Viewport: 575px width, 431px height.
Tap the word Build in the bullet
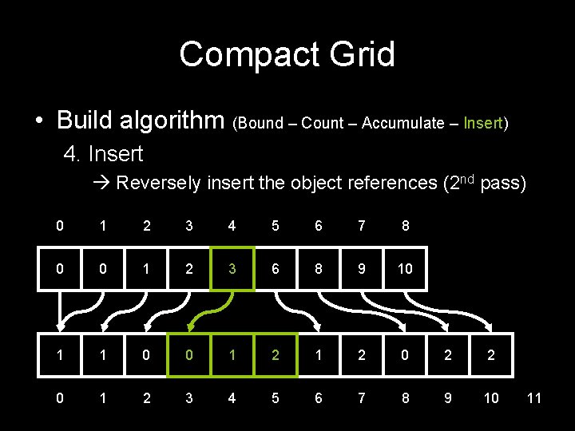(x=84, y=121)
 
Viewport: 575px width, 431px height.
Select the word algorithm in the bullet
(x=171, y=121)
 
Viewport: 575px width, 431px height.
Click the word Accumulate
(x=402, y=124)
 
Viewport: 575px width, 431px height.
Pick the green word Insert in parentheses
(x=482, y=124)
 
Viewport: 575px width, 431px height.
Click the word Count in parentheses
(x=322, y=124)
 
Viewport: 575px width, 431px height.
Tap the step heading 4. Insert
(x=103, y=153)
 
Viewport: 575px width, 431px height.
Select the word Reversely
(x=159, y=184)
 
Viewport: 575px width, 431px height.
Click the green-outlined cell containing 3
(x=232, y=269)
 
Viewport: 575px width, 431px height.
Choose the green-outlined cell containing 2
(x=276, y=355)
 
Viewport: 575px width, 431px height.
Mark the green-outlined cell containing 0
(x=188, y=355)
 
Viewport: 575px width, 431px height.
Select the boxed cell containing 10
(x=405, y=269)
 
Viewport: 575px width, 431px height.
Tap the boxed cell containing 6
(x=276, y=269)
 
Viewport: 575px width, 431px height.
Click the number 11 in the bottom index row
(x=534, y=397)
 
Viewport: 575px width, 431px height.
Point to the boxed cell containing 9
(x=362, y=269)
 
